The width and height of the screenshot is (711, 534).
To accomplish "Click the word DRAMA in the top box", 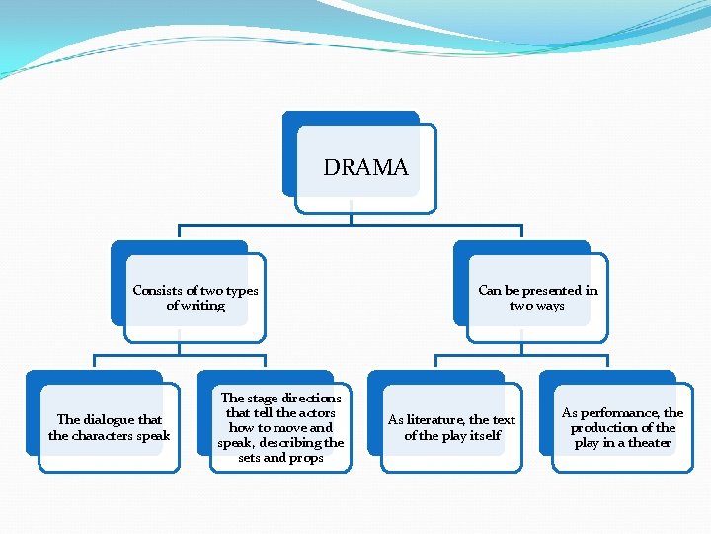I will [365, 168].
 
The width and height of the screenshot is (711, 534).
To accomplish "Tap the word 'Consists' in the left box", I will [158, 291].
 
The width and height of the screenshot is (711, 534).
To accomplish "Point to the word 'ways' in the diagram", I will [550, 306].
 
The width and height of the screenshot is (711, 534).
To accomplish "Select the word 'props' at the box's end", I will [306, 458].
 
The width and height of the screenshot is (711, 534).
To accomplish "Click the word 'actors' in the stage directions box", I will [316, 413].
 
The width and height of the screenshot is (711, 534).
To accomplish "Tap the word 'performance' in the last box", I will [619, 413].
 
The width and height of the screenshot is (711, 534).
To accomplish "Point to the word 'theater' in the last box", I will [650, 443].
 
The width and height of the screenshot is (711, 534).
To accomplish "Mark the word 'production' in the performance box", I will [608, 428].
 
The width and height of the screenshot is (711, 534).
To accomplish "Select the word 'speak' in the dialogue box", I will [152, 436].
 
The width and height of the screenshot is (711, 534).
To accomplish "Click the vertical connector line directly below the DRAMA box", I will [351, 213].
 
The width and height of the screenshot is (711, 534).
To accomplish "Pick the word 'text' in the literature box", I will [504, 420].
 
